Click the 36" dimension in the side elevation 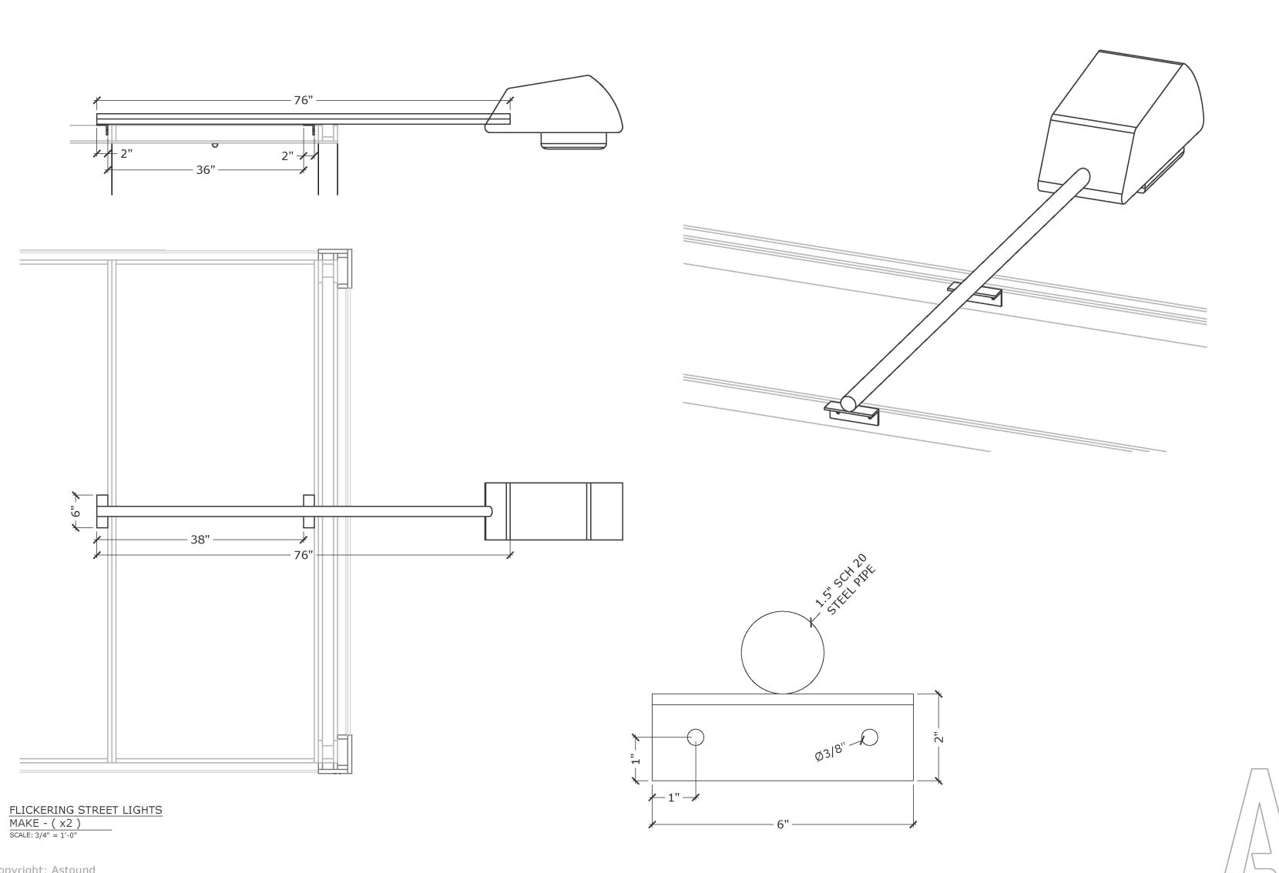[x=204, y=169]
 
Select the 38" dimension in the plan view [x=200, y=540]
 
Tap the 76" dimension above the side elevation [x=303, y=100]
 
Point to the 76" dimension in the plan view [x=303, y=554]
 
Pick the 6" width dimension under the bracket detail [x=782, y=824]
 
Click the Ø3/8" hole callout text [x=831, y=751]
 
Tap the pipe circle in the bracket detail [x=782, y=652]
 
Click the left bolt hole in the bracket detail [x=696, y=738]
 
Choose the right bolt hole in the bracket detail [x=870, y=738]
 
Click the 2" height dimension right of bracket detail [x=938, y=738]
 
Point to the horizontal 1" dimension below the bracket [x=673, y=798]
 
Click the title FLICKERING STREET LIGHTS [x=86, y=810]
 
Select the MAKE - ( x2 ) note [x=45, y=823]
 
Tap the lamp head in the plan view [x=553, y=511]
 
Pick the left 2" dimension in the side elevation [x=126, y=153]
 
